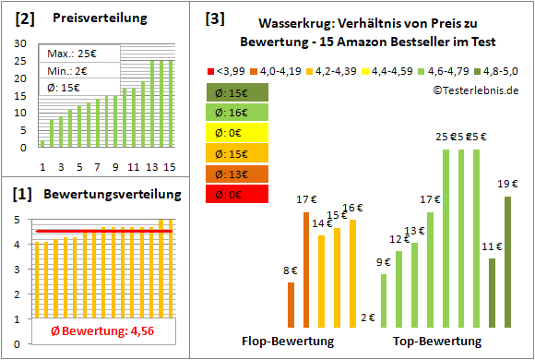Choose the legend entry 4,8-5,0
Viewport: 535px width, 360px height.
click(x=498, y=70)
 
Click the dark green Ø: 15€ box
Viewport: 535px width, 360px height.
click(x=237, y=92)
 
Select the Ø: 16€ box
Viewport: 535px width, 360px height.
click(x=237, y=113)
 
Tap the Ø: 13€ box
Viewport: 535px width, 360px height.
click(x=237, y=174)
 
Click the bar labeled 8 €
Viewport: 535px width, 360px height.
click(x=291, y=305)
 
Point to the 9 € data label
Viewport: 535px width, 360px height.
click(x=383, y=262)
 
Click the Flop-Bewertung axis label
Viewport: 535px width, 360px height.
click(x=287, y=341)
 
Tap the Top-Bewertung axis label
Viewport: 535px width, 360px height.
click(x=437, y=341)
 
